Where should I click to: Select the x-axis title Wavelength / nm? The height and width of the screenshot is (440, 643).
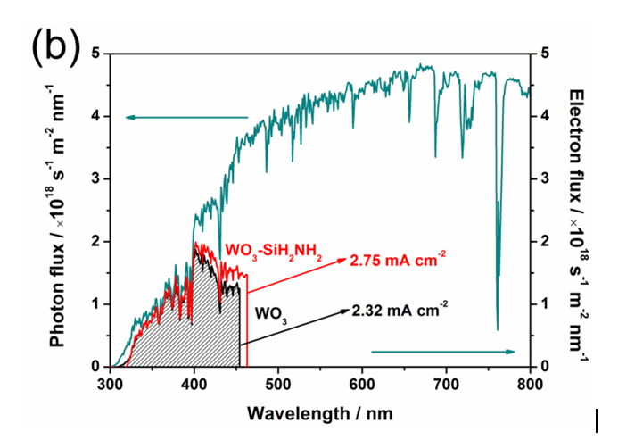(320, 413)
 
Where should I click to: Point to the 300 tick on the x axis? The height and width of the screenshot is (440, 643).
(110, 385)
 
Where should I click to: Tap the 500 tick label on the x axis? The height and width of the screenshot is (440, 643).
(278, 385)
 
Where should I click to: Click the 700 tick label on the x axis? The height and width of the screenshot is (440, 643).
(447, 385)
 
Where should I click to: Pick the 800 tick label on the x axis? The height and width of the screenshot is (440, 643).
(530, 385)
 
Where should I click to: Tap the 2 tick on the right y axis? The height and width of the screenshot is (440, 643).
(547, 241)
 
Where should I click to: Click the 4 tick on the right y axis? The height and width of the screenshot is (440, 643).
(547, 116)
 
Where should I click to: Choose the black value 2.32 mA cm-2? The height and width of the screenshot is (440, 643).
(400, 309)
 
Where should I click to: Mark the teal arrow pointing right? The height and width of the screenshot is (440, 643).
(443, 352)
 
